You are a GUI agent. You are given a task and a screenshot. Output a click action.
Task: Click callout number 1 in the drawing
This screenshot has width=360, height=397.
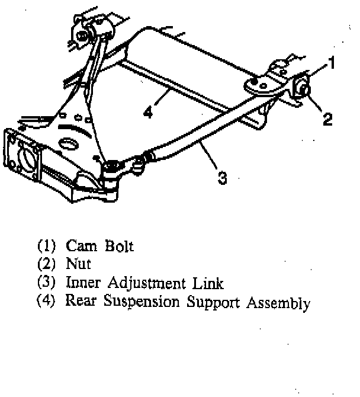point(333,61)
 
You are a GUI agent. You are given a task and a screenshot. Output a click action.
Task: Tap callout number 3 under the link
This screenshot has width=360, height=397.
point(221,177)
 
